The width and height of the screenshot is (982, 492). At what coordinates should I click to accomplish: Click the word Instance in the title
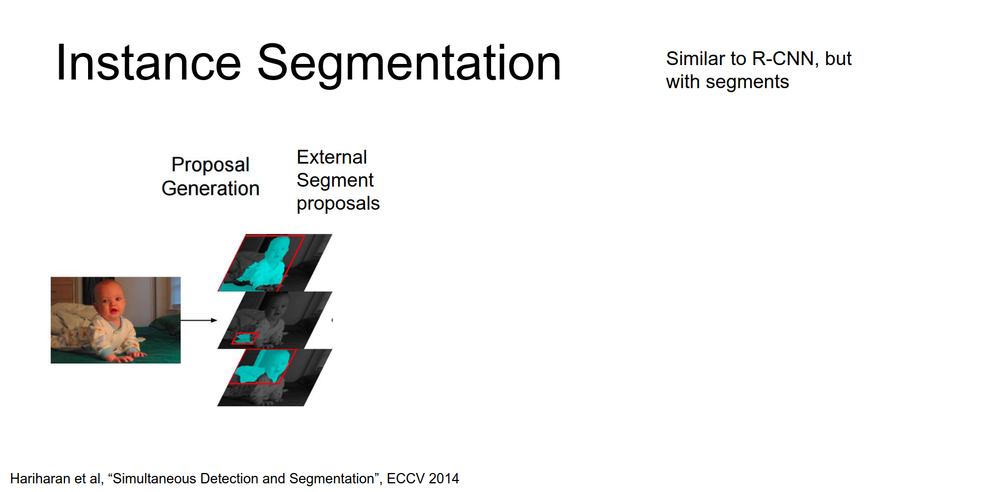(149, 62)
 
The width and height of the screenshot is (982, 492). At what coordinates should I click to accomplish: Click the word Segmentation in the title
(409, 65)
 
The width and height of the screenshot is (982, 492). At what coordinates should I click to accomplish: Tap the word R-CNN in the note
(782, 59)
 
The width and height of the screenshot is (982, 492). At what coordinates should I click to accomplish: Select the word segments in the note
(747, 82)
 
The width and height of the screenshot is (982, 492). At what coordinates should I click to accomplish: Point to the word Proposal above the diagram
(211, 165)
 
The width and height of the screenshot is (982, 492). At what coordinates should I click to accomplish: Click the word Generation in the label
(211, 188)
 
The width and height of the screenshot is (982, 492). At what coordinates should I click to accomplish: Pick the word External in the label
(332, 157)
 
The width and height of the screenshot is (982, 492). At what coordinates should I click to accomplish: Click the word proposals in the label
(338, 203)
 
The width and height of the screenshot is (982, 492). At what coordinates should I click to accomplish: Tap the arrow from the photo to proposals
(199, 320)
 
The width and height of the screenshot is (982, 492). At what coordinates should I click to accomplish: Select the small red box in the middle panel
(245, 338)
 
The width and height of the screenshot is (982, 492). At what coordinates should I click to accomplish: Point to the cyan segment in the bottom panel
(264, 365)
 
